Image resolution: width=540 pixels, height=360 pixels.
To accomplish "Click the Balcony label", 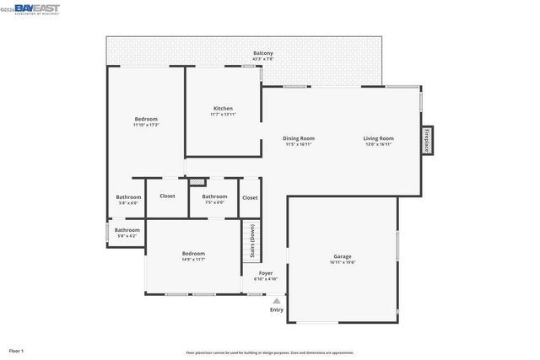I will tap(263, 53).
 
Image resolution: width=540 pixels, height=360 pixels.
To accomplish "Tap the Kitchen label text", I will tap(223, 109).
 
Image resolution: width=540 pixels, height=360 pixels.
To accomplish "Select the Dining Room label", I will tap(298, 138).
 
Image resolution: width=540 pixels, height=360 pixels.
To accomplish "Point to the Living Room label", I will tap(379, 138).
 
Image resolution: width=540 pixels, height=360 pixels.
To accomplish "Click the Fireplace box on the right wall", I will tap(427, 141).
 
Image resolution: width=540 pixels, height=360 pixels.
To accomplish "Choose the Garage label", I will tap(342, 256).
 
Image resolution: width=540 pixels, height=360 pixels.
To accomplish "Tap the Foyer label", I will tap(265, 273).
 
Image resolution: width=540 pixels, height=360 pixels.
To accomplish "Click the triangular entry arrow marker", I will tap(276, 300).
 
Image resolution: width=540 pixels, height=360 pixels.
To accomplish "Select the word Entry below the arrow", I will tap(277, 310).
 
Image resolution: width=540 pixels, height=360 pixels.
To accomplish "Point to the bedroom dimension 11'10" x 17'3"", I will tap(146, 126).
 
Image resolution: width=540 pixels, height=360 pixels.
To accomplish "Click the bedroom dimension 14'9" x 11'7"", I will tap(193, 260).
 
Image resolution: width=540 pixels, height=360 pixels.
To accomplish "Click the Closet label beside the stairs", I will tap(250, 197).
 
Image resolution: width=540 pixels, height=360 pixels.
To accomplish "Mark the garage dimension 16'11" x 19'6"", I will tap(342, 262).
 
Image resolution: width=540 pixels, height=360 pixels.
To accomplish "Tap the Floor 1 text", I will tap(17, 350).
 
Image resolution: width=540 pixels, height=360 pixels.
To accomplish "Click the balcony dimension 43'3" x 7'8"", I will tap(263, 59).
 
